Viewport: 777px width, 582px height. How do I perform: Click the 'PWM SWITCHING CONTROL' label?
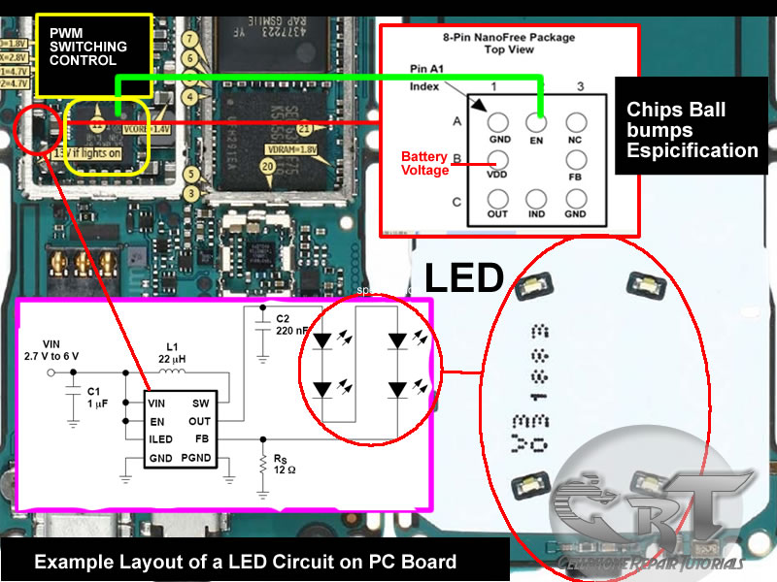pyautogui.click(x=88, y=47)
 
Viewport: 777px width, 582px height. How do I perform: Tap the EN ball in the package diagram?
pyautogui.click(x=537, y=123)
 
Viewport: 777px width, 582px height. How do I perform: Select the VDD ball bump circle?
pyautogui.click(x=498, y=162)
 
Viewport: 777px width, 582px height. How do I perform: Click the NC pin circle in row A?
pyautogui.click(x=577, y=123)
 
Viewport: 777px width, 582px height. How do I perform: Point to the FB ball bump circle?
pyautogui.click(x=577, y=162)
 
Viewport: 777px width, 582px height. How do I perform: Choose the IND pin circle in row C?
pyautogui.click(x=537, y=202)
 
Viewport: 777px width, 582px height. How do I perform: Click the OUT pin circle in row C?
pyautogui.click(x=498, y=202)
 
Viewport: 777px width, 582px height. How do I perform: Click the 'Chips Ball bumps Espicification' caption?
pyautogui.click(x=692, y=130)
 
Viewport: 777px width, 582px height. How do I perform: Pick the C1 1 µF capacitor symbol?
pyautogui.click(x=73, y=397)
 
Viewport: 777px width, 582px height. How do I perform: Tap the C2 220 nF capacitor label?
pyautogui.click(x=289, y=325)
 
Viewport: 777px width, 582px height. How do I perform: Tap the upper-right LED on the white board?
pyautogui.click(x=645, y=282)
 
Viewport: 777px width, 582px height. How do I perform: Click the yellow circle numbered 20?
pyautogui.click(x=266, y=167)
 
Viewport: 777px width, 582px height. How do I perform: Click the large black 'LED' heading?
pyautogui.click(x=464, y=278)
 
